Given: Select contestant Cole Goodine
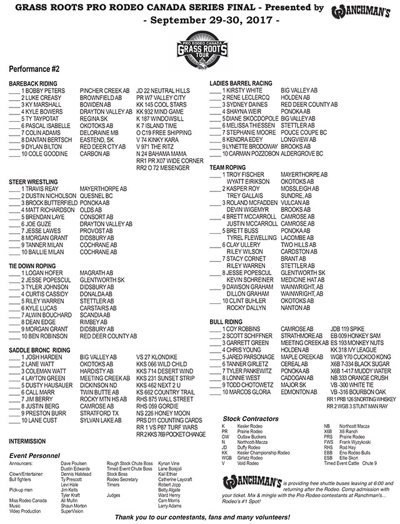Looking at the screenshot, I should (44, 153).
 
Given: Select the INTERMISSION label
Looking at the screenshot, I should (28, 441).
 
